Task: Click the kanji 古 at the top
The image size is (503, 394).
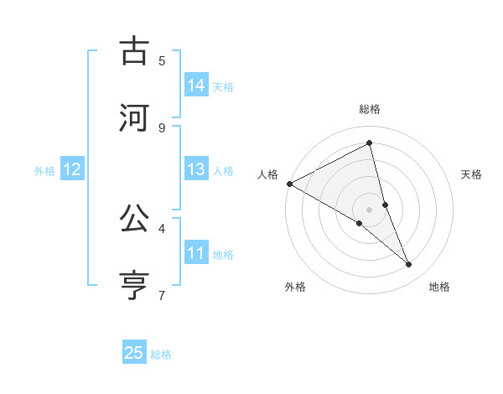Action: [134, 52]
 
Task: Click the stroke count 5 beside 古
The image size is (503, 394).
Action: [162, 60]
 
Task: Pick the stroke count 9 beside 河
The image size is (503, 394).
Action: [162, 127]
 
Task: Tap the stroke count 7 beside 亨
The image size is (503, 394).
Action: [162, 295]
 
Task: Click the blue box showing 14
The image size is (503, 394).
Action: [196, 86]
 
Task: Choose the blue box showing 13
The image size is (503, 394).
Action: [196, 169]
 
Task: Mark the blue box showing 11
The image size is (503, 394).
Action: [196, 253]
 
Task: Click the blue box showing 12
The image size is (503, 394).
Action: [72, 169]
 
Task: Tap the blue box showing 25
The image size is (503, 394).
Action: [134, 353]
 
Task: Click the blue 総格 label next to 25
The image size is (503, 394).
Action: [161, 355]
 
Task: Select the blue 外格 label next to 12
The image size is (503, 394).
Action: [44, 171]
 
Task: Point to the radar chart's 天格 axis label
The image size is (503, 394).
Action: [471, 174]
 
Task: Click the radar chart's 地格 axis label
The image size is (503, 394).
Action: [439, 287]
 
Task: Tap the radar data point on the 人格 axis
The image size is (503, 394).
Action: [289, 184]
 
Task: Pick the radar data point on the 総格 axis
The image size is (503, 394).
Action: [370, 143]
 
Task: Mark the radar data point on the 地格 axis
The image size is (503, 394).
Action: [409, 264]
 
